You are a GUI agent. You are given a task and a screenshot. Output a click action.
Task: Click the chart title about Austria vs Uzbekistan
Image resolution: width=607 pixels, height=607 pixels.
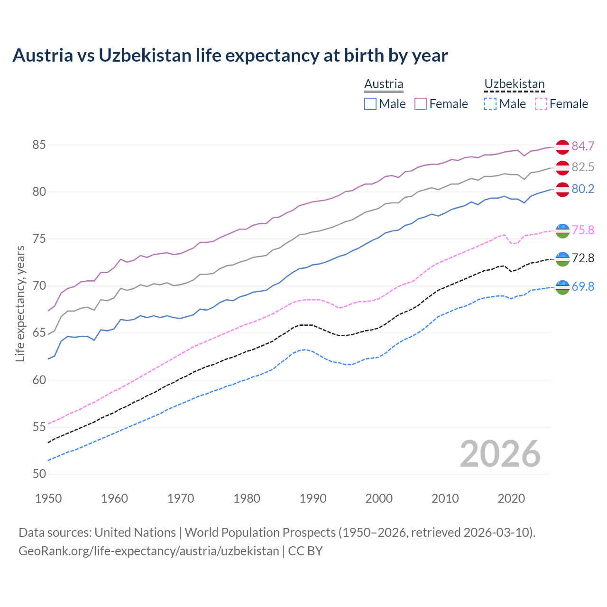pos(230,55)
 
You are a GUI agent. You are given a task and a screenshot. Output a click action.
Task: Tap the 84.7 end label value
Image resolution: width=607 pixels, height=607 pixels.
pos(583,146)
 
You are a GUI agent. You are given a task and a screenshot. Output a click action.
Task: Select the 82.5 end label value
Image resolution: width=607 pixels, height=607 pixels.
pos(583,167)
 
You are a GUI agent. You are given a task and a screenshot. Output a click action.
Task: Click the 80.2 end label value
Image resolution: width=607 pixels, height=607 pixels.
pos(583,189)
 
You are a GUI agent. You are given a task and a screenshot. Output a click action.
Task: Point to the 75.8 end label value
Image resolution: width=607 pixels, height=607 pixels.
pos(583,230)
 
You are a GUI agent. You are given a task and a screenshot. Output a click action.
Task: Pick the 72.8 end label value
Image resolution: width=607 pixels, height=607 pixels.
pos(583,258)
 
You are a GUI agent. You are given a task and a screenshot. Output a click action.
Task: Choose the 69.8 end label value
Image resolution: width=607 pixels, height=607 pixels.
pos(583,286)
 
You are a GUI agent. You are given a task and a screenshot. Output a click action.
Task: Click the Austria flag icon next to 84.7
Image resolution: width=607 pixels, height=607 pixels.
pos(562,147)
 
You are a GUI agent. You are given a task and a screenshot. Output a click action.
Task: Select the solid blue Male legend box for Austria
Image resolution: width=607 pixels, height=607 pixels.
pos(370,104)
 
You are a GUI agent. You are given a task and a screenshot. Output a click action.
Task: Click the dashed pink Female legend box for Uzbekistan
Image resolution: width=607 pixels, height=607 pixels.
pos(541,104)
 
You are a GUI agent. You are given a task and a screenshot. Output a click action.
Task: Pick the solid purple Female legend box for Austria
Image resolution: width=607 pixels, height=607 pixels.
pos(421,104)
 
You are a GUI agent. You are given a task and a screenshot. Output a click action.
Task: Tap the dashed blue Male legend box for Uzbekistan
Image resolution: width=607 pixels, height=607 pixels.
pos(490,104)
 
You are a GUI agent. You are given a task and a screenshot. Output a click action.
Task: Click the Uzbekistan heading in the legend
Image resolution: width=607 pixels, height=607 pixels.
pos(514,84)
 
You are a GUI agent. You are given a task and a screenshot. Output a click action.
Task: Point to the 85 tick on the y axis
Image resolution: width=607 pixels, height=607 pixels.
pos(39,145)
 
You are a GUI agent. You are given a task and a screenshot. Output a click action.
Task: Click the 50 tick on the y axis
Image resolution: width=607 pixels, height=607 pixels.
pos(39,474)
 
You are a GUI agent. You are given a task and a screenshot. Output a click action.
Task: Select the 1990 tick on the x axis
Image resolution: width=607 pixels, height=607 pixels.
pos(313,498)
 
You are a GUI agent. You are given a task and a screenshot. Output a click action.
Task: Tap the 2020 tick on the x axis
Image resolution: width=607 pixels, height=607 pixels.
pos(511,498)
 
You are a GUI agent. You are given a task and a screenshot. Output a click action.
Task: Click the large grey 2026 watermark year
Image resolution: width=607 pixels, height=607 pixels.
pos(500,454)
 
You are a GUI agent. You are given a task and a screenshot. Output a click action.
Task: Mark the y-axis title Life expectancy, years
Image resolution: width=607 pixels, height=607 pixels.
pos(20,303)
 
